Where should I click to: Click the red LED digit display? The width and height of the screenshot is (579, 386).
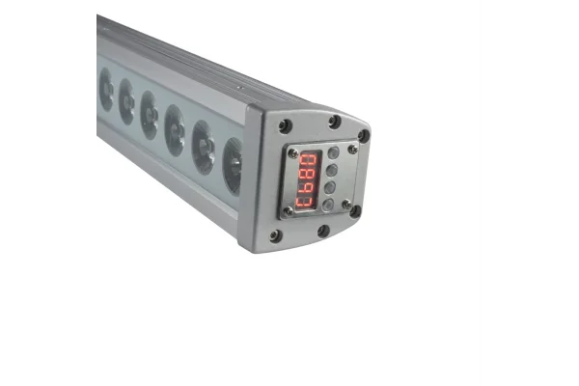309,179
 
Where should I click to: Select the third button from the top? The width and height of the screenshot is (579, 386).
331,187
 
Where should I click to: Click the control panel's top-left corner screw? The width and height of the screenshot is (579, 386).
292,152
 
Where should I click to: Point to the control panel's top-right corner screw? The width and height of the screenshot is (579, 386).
353,148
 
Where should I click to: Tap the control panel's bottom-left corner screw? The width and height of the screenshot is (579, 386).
288,211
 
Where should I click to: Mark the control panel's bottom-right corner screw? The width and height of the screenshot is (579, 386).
346,205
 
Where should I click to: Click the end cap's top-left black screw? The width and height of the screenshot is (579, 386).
285,125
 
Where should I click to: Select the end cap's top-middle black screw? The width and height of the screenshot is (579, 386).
334,122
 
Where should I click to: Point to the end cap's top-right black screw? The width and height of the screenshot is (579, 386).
363,135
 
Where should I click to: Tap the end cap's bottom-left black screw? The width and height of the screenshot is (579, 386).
276,235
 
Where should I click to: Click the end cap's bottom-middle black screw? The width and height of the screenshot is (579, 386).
323,232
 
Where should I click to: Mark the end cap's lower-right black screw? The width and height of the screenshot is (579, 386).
355,210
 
